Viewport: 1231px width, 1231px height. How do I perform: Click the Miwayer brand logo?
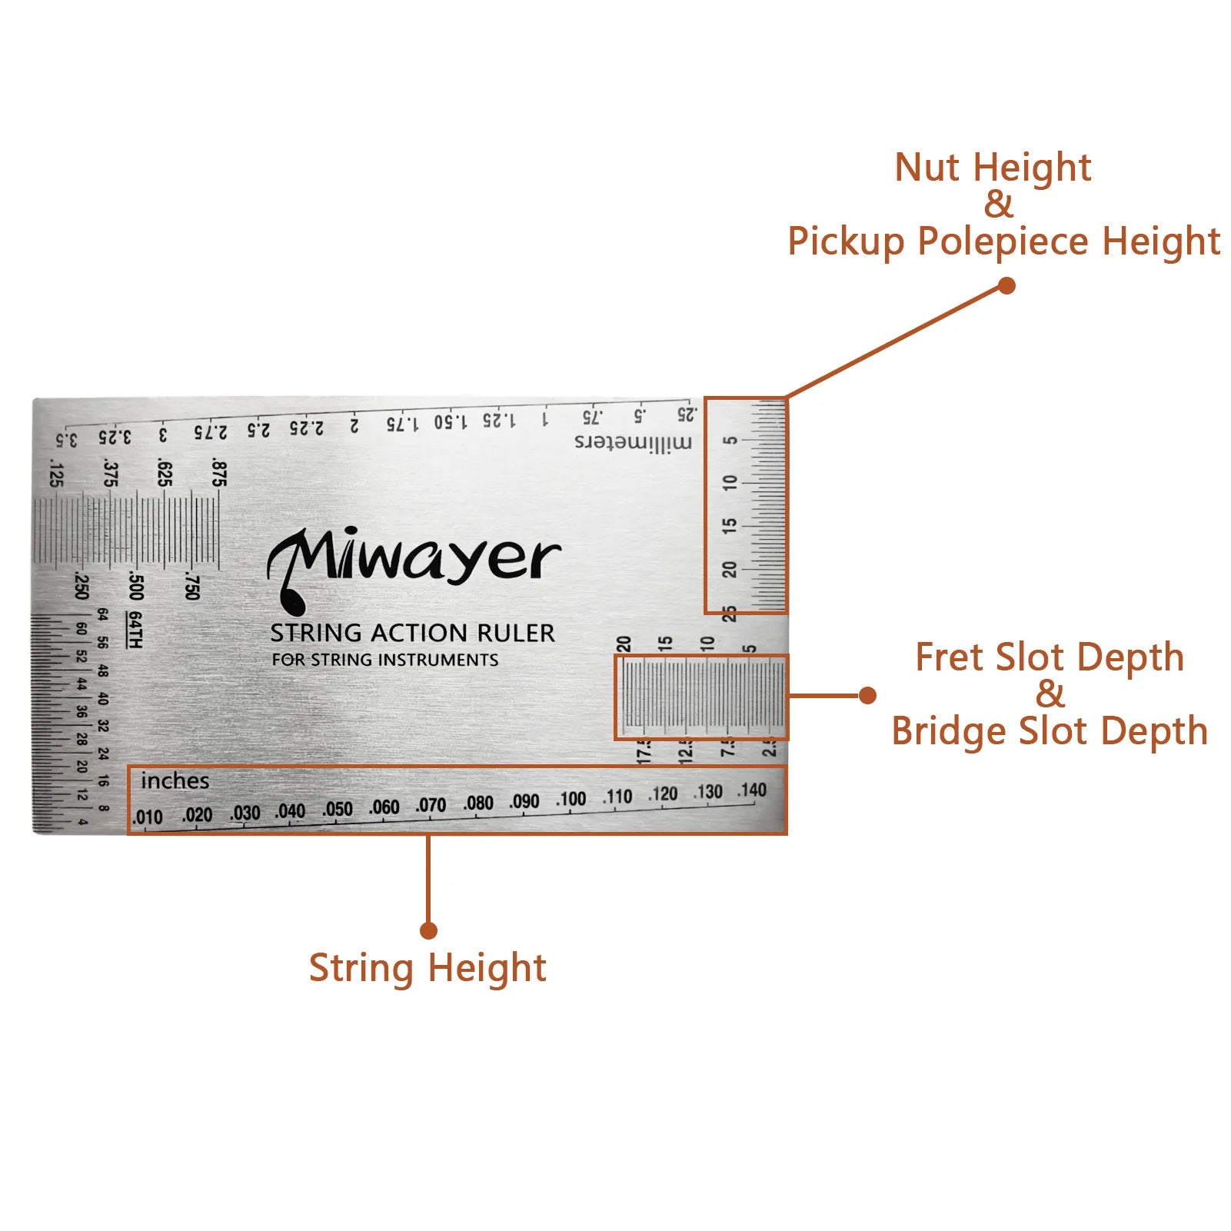click(414, 565)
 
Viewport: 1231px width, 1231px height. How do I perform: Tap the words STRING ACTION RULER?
click(412, 633)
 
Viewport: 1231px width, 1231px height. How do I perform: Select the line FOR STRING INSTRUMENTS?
click(384, 660)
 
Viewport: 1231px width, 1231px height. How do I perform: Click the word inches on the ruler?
click(175, 781)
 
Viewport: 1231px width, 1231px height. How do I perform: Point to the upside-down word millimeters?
click(633, 442)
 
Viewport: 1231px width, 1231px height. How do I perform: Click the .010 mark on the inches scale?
click(148, 817)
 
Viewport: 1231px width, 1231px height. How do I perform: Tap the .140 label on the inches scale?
click(752, 790)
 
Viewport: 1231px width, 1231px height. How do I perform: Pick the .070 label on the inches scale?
click(431, 805)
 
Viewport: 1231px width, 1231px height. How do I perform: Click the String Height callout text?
click(428, 967)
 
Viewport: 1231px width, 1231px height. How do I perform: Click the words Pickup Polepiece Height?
click(1003, 241)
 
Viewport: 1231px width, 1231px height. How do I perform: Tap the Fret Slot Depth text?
click(1050, 657)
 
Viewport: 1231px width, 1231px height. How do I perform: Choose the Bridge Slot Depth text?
click(1050, 730)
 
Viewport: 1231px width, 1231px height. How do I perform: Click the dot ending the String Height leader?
click(429, 931)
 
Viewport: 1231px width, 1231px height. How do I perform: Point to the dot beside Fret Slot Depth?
click(867, 696)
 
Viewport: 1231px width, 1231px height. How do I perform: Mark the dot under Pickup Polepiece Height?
click(1006, 286)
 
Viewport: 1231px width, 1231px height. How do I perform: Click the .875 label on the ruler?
click(219, 474)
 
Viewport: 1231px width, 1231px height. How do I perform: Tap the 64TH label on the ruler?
click(135, 630)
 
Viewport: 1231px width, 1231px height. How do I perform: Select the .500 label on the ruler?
click(136, 586)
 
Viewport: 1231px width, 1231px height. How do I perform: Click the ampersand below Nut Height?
click(999, 205)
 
